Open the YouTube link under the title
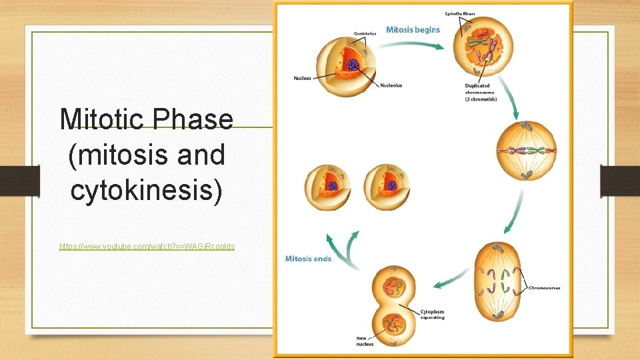pyautogui.click(x=147, y=247)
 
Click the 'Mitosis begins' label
pyautogui.click(x=413, y=30)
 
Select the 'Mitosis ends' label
pyautogui.click(x=308, y=259)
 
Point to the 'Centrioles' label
pyautogui.click(x=365, y=33)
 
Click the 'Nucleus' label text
pyautogui.click(x=302, y=79)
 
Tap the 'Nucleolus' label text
pyautogui.click(x=391, y=85)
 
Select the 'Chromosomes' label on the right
pyautogui.click(x=544, y=288)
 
